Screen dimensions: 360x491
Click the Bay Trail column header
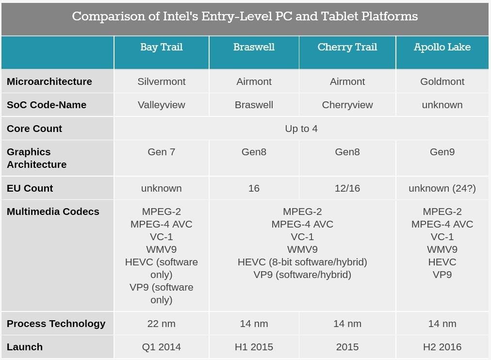(162, 47)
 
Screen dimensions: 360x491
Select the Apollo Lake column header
(442, 47)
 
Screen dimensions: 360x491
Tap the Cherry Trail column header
(347, 47)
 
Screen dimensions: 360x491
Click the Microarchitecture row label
(49, 82)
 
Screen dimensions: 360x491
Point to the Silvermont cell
(162, 82)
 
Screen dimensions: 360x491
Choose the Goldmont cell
(442, 82)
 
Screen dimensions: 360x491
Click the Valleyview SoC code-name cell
(162, 105)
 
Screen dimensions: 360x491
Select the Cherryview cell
(347, 105)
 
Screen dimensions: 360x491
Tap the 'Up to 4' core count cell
(301, 129)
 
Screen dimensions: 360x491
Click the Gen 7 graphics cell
(162, 152)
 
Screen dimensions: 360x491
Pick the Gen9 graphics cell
(442, 152)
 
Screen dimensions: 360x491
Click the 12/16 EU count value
(347, 188)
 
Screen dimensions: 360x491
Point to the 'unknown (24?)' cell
(442, 188)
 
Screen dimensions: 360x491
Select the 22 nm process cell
(162, 324)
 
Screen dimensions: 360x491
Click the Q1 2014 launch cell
(162, 347)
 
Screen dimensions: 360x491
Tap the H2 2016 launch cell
(442, 347)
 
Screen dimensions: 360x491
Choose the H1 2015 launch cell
(254, 347)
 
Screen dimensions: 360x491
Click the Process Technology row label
(56, 324)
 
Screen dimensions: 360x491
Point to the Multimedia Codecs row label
(53, 212)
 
